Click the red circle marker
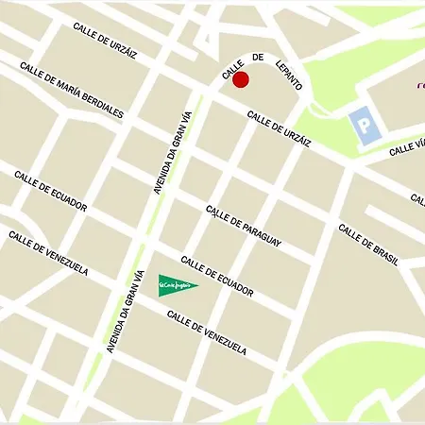241,79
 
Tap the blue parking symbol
361,124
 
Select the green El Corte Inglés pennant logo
177,282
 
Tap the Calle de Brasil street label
368,244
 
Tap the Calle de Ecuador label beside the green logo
217,276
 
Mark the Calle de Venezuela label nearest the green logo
211,334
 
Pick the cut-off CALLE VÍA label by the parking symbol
408,146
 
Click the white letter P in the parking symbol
361,124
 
